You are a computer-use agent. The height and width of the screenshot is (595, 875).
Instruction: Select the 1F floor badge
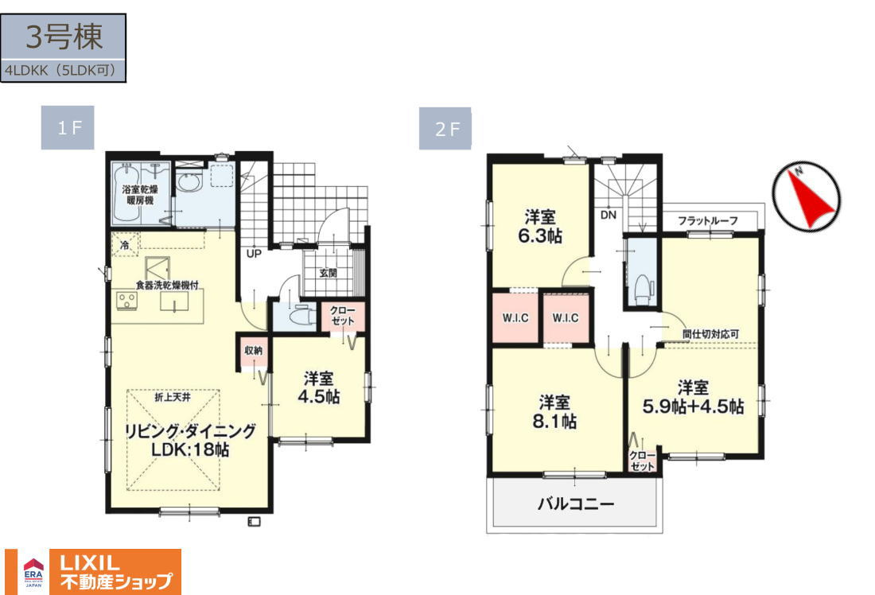click(68, 128)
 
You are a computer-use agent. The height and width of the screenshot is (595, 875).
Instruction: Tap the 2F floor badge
click(445, 129)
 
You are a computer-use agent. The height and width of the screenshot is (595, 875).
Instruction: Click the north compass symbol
click(807, 197)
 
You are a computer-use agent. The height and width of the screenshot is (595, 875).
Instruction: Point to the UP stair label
click(254, 254)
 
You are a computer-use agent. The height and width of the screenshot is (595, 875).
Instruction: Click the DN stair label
click(609, 215)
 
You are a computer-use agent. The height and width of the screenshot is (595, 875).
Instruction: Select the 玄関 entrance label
click(328, 273)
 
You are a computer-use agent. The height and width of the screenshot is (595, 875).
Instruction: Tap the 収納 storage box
click(254, 352)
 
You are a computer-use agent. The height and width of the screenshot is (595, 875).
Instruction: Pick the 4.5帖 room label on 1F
click(319, 397)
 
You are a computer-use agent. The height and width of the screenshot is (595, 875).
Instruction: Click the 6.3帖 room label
click(539, 235)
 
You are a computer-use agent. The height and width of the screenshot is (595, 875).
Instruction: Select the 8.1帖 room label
click(554, 422)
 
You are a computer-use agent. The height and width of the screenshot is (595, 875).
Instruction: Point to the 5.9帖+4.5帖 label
click(693, 406)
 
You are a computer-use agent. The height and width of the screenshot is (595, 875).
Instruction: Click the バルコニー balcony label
click(576, 504)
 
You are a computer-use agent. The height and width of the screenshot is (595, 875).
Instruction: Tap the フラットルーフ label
click(708, 220)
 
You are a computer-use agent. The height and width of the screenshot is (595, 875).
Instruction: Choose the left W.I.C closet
click(515, 318)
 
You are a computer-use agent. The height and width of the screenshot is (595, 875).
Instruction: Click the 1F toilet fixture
click(301, 316)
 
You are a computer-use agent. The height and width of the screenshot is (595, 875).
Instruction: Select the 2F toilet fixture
click(644, 288)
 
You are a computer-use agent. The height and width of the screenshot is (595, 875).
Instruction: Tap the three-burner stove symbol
click(126, 301)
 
